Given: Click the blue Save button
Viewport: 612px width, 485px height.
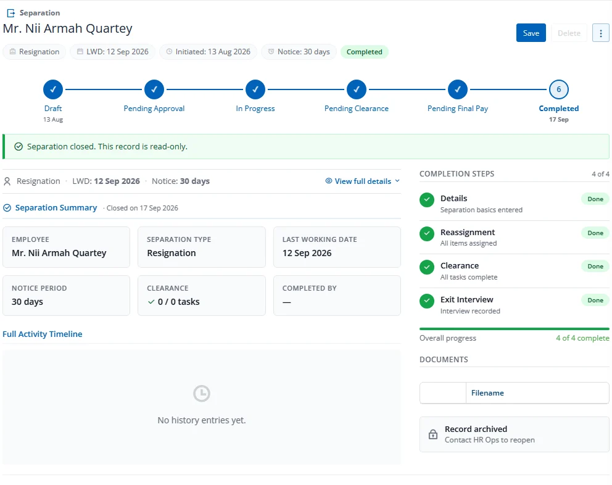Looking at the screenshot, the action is click(x=531, y=33).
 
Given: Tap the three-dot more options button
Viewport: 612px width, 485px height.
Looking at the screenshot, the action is click(x=601, y=33).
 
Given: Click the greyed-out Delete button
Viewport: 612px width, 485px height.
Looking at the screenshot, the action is click(x=569, y=33).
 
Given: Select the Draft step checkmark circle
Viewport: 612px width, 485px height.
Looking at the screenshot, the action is click(x=53, y=89).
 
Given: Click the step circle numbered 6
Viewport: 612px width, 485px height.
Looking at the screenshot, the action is click(x=558, y=89).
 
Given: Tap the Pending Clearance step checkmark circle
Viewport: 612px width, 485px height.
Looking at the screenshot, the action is click(x=357, y=89).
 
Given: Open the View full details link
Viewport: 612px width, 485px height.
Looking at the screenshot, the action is click(x=363, y=181).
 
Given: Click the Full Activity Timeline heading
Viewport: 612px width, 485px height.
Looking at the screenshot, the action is click(x=43, y=334).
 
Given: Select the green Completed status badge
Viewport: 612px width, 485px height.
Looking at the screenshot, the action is click(x=364, y=52).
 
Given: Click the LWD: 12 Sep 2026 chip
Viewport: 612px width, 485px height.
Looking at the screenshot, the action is click(x=112, y=52).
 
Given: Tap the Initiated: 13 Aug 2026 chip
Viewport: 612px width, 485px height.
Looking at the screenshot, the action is click(x=208, y=52).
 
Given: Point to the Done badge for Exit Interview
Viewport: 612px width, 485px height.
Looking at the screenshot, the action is click(x=595, y=301).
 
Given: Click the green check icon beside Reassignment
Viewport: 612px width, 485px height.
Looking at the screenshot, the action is click(x=426, y=233).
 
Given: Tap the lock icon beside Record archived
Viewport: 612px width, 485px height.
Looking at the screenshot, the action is click(x=433, y=434).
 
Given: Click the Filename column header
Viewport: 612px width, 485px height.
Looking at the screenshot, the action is click(x=487, y=393).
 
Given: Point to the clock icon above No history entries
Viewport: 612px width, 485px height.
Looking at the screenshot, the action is click(x=201, y=393).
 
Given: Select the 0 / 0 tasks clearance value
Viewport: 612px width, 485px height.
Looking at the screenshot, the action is click(x=178, y=302).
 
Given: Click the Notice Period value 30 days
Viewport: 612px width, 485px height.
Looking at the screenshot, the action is click(x=27, y=302).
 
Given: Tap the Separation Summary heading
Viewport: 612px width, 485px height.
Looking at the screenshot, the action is click(x=56, y=208).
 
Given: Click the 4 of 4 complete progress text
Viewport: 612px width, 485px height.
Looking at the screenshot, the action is click(x=582, y=338).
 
